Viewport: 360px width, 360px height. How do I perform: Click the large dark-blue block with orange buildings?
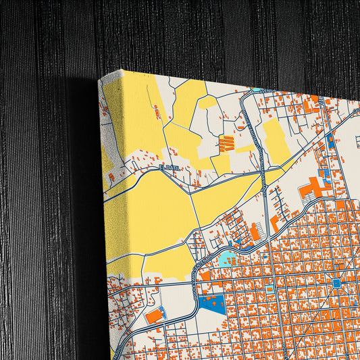pyautogui.click(x=214, y=303)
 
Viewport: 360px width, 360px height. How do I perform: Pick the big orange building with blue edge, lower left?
pyautogui.click(x=155, y=315)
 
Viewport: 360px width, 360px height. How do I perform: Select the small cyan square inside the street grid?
pyautogui.click(x=269, y=289)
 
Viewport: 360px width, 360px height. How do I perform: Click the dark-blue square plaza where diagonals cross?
pyautogui.click(x=336, y=284)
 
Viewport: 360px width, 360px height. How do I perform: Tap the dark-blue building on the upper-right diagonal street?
pyautogui.click(x=330, y=141)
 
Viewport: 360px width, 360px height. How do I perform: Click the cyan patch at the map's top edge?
pyautogui.click(x=257, y=89)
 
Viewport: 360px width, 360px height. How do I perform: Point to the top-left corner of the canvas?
pyautogui.click(x=99, y=79)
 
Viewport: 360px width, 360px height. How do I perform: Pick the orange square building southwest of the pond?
pyautogui.click(x=205, y=276)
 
